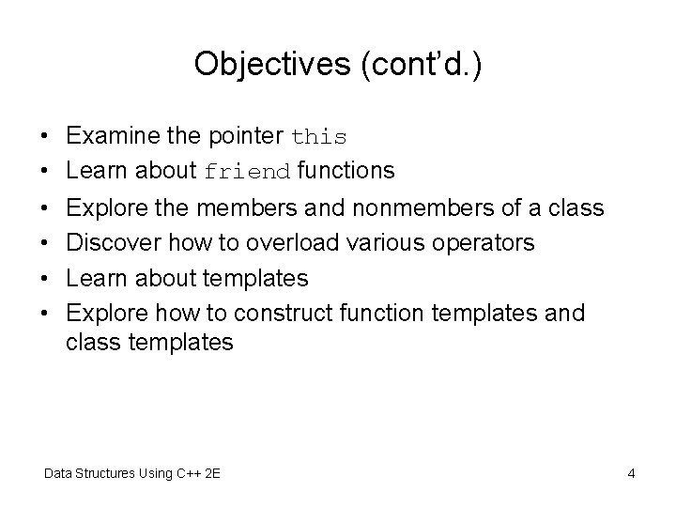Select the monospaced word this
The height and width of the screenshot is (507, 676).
[x=319, y=137]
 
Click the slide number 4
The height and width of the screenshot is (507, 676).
[x=631, y=473]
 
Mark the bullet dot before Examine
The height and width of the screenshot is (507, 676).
[x=45, y=137]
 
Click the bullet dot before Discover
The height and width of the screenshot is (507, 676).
[x=45, y=243]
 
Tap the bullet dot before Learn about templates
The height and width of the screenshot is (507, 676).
[x=45, y=278]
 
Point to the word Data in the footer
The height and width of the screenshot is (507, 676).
[x=59, y=473]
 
